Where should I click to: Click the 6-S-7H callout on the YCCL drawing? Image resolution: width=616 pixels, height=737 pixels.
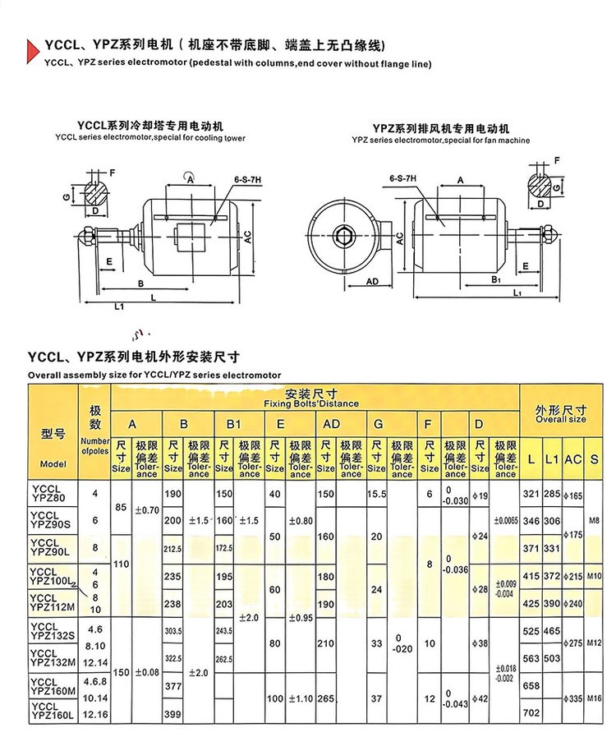click(x=246, y=178)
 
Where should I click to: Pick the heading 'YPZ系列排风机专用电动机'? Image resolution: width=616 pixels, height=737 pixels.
click(x=441, y=130)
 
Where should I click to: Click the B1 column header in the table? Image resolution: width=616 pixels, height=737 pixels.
click(x=233, y=424)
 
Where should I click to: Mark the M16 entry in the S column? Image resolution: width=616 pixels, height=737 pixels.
click(x=595, y=698)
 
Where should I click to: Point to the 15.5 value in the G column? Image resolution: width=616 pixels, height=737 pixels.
click(x=377, y=495)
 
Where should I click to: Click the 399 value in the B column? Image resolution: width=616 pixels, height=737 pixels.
click(x=172, y=714)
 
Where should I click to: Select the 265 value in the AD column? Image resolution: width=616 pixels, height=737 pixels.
click(x=327, y=699)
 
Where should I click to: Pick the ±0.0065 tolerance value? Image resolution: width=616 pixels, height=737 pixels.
click(x=506, y=521)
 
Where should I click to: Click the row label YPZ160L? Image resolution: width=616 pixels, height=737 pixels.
click(x=52, y=716)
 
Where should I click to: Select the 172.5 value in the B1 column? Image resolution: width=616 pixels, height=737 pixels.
click(x=224, y=547)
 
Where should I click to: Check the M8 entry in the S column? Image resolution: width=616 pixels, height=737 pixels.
click(x=595, y=521)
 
